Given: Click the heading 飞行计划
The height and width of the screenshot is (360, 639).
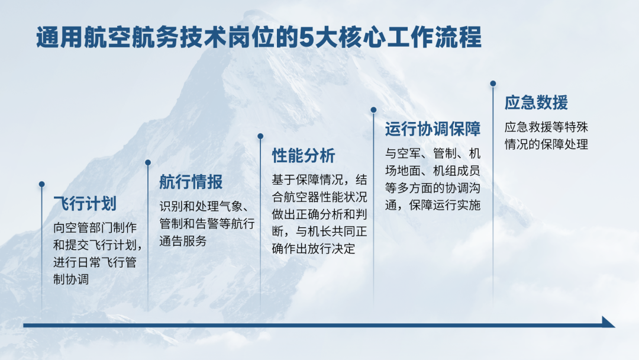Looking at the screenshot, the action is click(85, 204).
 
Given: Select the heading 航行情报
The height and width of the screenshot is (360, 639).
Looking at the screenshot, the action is click(191, 182).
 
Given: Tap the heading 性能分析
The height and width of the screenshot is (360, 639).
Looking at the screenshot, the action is click(304, 155).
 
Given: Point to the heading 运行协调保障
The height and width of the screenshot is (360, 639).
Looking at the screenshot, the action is click(433, 129).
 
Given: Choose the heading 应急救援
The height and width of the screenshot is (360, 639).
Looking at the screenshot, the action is click(536, 102).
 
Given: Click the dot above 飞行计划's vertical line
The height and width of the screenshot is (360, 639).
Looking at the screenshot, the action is click(41, 184).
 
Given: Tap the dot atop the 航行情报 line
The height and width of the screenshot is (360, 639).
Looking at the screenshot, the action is click(148, 163).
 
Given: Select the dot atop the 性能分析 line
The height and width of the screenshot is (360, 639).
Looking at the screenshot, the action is click(260, 136).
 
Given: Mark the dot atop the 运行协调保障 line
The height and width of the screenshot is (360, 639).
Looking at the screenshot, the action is click(373, 110).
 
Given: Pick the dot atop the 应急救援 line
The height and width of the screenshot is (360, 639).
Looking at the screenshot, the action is click(493, 83).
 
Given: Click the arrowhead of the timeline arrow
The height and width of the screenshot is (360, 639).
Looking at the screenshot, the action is click(608, 322).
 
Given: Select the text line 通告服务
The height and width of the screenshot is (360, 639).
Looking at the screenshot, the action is click(183, 240).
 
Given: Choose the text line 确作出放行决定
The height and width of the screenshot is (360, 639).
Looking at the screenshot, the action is click(314, 248).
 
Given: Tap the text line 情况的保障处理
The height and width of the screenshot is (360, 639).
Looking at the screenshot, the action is click(547, 144).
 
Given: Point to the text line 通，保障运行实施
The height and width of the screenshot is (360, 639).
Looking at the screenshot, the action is click(433, 205).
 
